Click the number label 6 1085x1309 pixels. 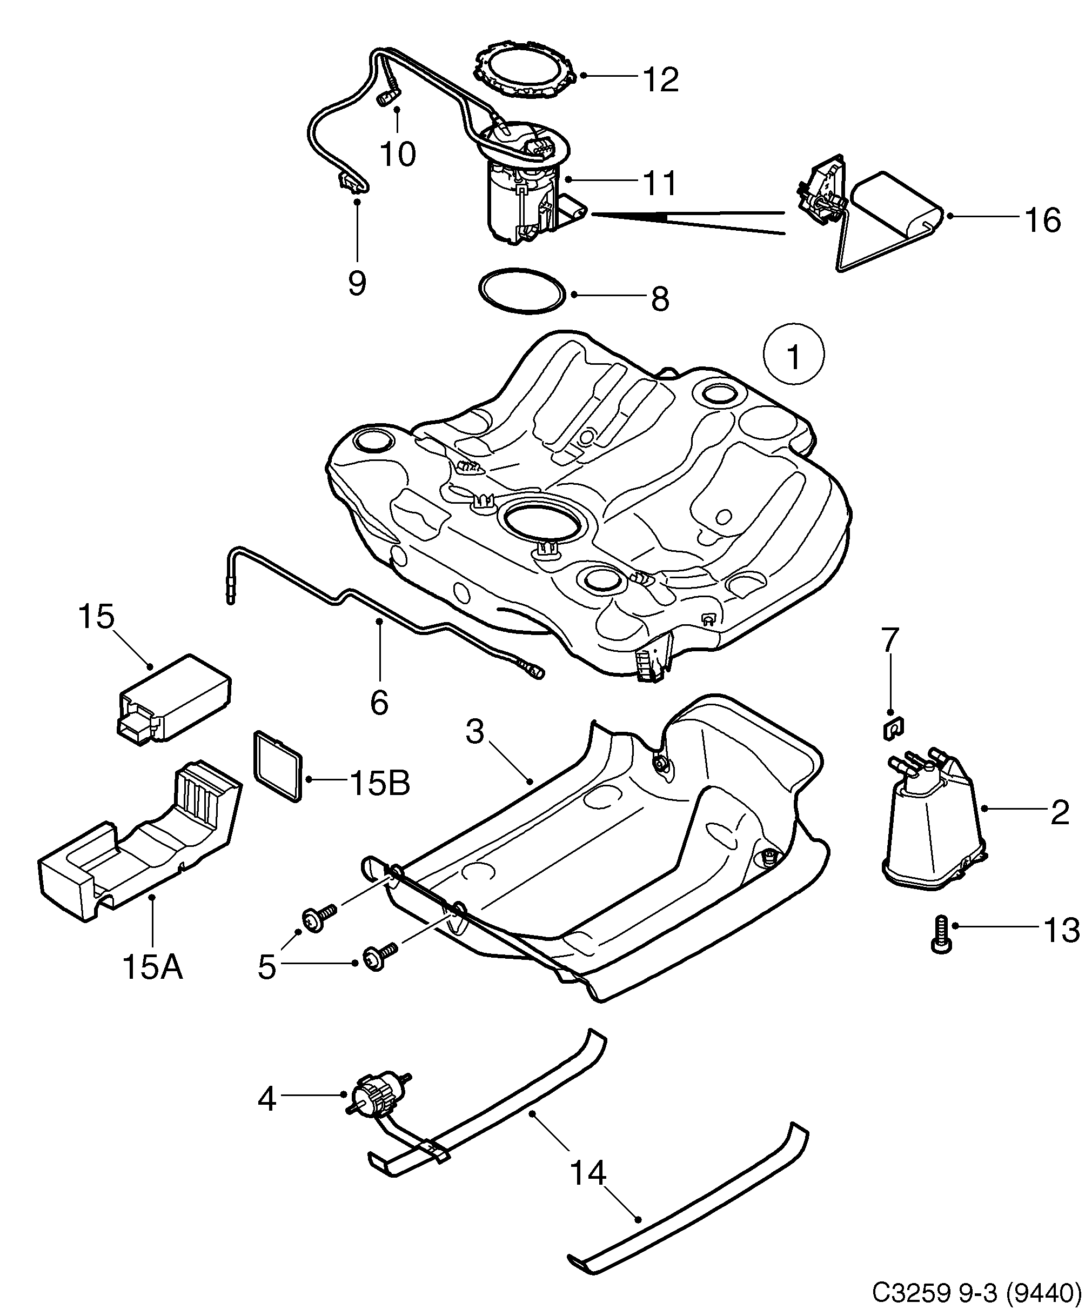[x=379, y=703]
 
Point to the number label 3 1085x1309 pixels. [x=475, y=732]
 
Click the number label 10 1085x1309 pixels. [x=398, y=154]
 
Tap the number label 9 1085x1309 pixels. [x=357, y=284]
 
